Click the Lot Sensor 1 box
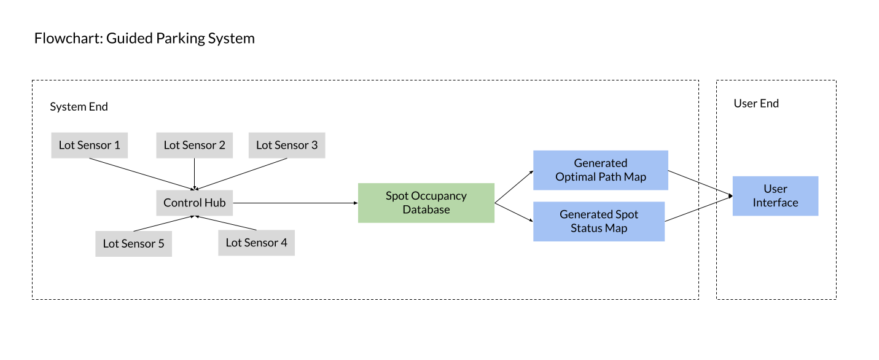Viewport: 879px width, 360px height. coord(90,146)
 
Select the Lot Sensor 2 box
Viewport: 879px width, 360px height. coord(195,146)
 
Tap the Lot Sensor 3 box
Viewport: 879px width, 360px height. coord(287,146)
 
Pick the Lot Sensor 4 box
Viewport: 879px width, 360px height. coord(256,243)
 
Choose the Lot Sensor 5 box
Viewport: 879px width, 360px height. coord(134,244)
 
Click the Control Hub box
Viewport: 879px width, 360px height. coord(195,203)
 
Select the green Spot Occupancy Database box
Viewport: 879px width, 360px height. coord(426,203)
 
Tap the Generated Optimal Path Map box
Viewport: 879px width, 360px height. coord(600,170)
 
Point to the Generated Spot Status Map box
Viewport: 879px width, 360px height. coord(599,221)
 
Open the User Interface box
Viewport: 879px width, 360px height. coord(775,196)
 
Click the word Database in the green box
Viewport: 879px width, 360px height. coord(426,210)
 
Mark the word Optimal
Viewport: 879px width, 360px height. coord(577,178)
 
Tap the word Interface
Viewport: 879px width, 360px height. coord(775,203)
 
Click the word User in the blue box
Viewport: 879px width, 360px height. coord(775,189)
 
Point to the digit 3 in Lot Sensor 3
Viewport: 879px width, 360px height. coord(314,146)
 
